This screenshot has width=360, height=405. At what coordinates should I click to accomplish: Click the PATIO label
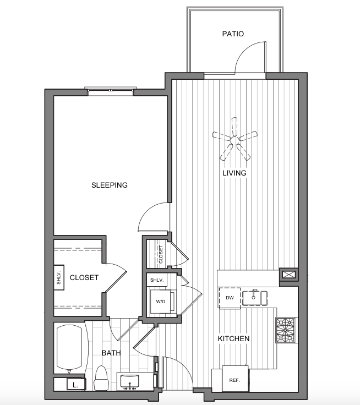coord(233,34)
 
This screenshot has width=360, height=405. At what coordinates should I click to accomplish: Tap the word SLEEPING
coord(110,185)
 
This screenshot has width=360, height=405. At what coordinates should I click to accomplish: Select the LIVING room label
coord(234,173)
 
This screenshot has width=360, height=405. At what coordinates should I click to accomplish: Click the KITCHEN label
coord(233,338)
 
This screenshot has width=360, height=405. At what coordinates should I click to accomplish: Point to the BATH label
coord(111,353)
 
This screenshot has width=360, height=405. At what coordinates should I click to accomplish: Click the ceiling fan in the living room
coord(234,139)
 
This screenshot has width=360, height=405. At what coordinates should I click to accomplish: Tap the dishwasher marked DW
coord(230,298)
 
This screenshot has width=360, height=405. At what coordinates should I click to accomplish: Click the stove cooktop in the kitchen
coord(285,330)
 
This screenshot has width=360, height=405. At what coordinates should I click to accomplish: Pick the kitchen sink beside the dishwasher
coord(255,298)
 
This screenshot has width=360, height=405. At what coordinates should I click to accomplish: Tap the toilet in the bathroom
coord(101,377)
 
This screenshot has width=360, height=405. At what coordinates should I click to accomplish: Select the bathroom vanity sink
coord(130,381)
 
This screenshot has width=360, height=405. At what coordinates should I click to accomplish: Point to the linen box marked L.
coord(75,385)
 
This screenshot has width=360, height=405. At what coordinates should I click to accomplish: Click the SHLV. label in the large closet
coord(59,278)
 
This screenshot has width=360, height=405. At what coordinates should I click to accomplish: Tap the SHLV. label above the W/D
coord(157,280)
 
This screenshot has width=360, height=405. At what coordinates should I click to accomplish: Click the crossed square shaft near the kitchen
coord(287,275)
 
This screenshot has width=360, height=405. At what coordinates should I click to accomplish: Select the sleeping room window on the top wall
coord(110,90)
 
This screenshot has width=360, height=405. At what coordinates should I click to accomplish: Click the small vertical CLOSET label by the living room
coord(161,254)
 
